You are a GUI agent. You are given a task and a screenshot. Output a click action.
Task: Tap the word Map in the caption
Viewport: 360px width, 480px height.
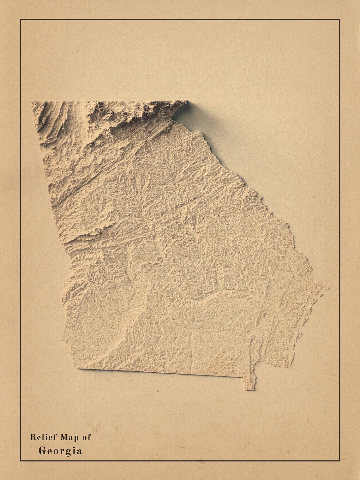point(66,437)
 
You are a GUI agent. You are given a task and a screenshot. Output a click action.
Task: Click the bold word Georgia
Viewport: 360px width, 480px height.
point(60,451)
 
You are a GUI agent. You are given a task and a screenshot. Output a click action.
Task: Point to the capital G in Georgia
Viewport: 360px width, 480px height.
point(42,451)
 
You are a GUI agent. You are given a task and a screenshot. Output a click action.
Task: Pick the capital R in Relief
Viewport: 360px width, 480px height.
point(32,437)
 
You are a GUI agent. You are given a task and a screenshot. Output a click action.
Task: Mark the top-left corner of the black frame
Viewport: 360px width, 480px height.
point(21,19)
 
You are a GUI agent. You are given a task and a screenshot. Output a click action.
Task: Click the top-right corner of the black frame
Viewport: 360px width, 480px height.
point(340,19)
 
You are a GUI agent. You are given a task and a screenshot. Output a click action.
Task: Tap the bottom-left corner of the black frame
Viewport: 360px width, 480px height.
point(21,461)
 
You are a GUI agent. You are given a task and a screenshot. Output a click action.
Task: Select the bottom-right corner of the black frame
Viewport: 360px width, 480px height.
point(340,461)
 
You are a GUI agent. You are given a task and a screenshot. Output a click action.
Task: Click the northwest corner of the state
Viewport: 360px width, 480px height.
point(32,102)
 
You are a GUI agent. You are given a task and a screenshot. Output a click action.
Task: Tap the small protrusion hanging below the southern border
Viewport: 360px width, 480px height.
point(249,384)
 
